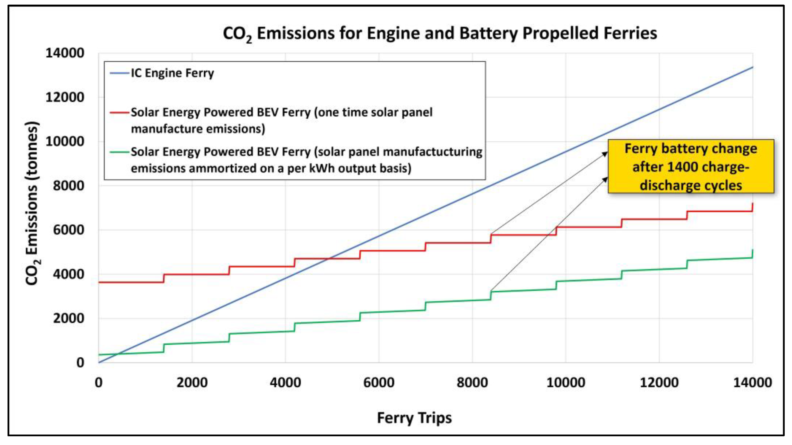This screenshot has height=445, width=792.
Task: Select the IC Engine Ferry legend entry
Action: tap(162, 73)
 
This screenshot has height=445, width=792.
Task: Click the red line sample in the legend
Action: tap(119, 113)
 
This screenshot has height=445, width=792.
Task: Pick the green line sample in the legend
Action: tap(119, 152)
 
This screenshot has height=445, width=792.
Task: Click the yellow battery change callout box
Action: tap(691, 166)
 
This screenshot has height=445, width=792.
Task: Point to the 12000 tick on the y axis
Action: tap(65, 97)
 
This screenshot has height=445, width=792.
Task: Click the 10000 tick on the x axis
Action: tap(566, 383)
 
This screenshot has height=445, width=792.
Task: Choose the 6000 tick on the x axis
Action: tap(379, 383)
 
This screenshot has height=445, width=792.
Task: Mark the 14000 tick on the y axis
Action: tap(65, 53)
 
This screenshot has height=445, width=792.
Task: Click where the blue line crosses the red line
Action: tap(329, 259)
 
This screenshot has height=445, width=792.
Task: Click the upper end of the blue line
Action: tap(752, 67)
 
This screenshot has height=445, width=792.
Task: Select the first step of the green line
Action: tap(164, 348)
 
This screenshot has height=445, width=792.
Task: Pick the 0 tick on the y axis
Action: tap(80, 363)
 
